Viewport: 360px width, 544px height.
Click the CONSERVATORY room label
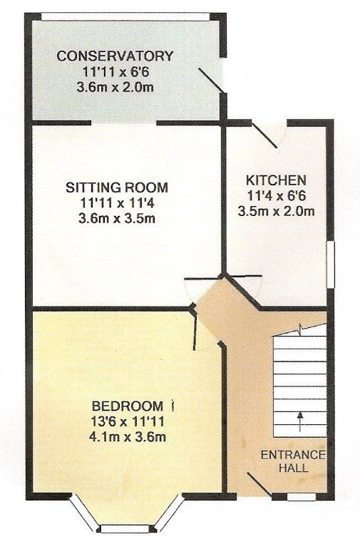click(x=115, y=56)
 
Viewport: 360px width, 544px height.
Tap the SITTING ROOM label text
click(x=117, y=188)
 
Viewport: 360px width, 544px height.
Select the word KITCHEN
click(x=276, y=180)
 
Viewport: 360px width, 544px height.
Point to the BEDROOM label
click(x=128, y=405)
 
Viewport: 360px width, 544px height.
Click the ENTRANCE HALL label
click(x=294, y=461)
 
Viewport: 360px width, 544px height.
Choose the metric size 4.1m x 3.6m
click(x=128, y=436)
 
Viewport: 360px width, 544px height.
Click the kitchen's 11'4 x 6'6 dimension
click(x=277, y=196)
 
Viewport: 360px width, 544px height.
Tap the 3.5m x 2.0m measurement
click(x=277, y=211)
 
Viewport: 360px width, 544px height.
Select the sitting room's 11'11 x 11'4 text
click(x=117, y=203)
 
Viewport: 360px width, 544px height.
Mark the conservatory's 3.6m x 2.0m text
click(x=115, y=87)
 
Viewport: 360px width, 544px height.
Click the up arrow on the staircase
click(x=300, y=421)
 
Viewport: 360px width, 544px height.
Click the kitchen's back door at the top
click(x=264, y=135)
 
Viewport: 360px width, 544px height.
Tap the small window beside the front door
click(x=302, y=497)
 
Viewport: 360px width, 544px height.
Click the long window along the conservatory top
click(x=125, y=16)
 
